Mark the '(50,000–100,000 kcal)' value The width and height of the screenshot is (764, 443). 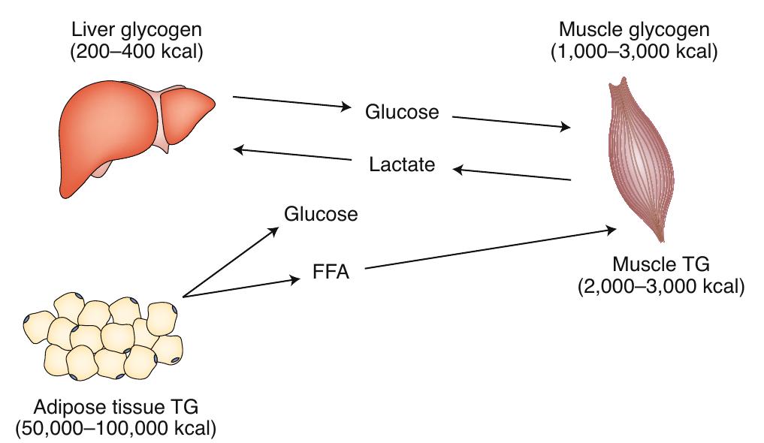[116, 429]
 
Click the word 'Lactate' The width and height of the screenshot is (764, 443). [403, 164]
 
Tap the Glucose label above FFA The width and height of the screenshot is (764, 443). [321, 214]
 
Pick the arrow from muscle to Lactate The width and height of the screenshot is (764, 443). [511, 174]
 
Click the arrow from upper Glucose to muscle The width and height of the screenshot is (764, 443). [511, 122]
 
